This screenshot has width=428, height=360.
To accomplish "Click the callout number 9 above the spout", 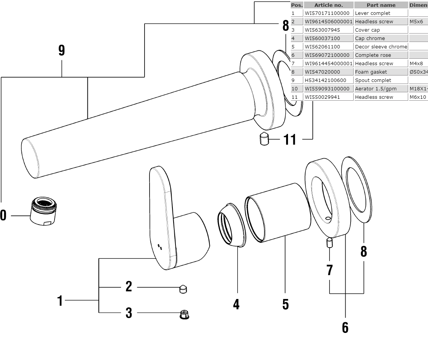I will (62, 51).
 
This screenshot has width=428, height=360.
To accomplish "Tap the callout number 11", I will (290, 140).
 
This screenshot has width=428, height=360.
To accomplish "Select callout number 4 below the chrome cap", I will (237, 304).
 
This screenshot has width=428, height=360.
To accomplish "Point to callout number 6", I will (345, 327).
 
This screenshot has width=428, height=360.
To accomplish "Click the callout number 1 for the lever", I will (60, 301).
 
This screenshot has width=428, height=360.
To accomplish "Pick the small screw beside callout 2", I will (183, 289).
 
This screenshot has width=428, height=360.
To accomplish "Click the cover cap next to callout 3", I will (184, 315).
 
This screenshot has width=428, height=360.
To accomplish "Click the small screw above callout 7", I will (330, 243).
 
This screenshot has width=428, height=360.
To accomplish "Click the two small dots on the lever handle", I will (160, 247).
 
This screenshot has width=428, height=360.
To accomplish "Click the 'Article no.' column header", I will (328, 5).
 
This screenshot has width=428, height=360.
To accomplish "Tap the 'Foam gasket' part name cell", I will (371, 72).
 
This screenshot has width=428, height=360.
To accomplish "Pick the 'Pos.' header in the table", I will (297, 5).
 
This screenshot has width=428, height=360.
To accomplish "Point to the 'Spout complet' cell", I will (373, 80).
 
